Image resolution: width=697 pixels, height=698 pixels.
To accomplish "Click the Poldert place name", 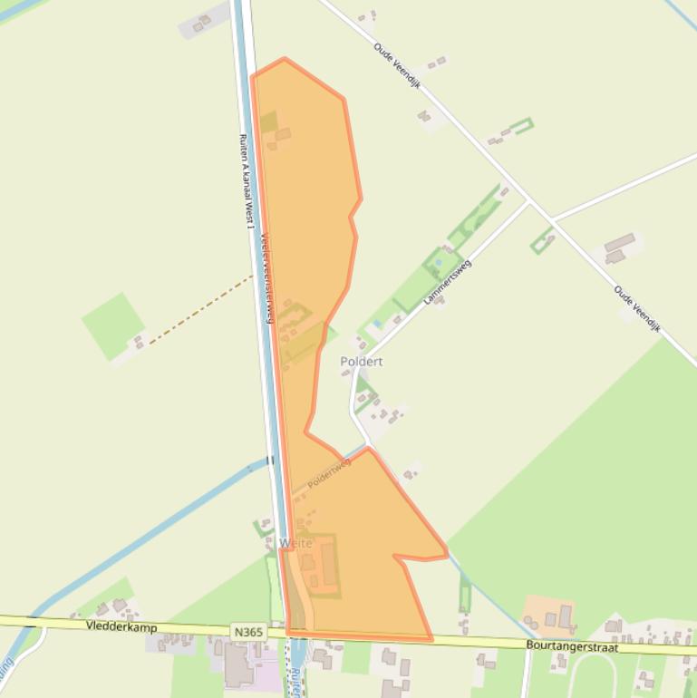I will (361, 361).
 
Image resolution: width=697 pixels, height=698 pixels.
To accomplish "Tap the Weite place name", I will (296, 543).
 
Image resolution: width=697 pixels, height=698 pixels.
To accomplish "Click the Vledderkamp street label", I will (121, 626).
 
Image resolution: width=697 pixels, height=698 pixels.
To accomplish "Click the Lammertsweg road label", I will (448, 282).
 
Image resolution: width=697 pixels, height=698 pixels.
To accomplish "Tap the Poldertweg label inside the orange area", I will (328, 473).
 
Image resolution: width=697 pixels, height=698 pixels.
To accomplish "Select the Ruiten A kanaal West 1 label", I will (246, 180).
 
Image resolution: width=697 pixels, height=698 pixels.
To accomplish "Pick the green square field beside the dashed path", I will (112, 323).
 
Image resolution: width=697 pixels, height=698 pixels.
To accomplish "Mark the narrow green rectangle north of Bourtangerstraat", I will (465, 595).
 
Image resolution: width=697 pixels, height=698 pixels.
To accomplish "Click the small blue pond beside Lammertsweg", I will (377, 324).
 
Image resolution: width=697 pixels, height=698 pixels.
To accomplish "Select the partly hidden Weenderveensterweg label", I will (266, 277).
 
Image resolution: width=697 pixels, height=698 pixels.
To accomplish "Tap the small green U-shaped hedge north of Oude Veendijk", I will (521, 126).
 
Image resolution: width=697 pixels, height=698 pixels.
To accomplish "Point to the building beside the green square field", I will (139, 342).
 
